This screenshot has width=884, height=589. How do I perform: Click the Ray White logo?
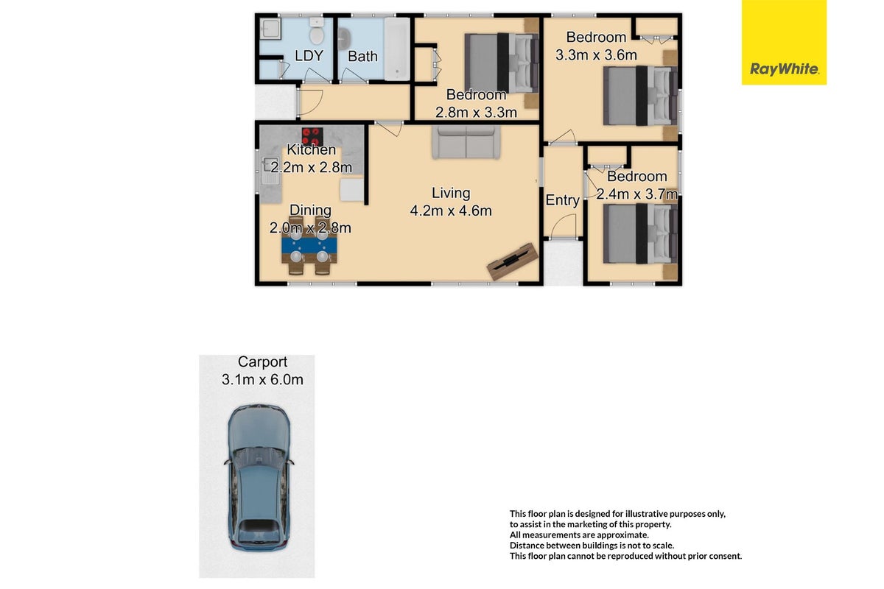(784, 42)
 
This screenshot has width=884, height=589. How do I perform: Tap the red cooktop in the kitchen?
(312, 136)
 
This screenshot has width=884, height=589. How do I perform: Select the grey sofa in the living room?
(466, 142)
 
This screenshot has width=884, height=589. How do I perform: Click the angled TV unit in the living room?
(513, 261)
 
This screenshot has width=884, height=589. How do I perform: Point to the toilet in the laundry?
(317, 31)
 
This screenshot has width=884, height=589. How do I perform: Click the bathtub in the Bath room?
(397, 49)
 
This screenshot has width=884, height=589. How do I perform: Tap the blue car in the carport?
(259, 477)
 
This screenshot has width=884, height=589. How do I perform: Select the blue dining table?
(309, 245)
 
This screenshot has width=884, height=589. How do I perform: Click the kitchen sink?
(270, 170)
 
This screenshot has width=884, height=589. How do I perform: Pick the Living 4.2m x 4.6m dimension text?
(451, 202)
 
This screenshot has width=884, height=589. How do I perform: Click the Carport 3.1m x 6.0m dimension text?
(262, 371)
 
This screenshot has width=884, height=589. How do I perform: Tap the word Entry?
(562, 200)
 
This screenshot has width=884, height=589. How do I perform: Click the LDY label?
(309, 56)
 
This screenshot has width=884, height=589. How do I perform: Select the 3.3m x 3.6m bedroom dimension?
(596, 54)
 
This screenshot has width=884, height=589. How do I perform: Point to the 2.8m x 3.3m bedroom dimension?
(476, 113)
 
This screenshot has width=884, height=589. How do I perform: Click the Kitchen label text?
(312, 149)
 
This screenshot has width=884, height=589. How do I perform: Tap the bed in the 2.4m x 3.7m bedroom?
(640, 233)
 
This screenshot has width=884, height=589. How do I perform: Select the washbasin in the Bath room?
(344, 40)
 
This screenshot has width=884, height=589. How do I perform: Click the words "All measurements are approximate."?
(579, 535)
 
